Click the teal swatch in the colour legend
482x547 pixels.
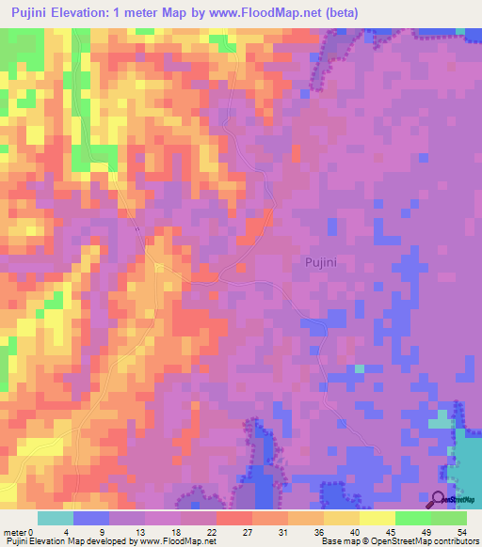click(x=56, y=518)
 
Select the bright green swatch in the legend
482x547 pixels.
click(x=412, y=518)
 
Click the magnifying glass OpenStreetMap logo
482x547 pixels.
click(x=438, y=498)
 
